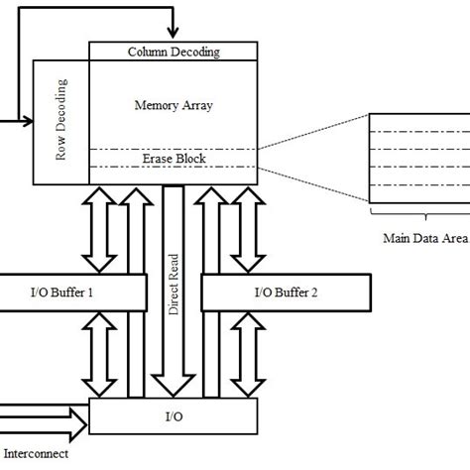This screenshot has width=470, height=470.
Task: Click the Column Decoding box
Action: (x=174, y=51)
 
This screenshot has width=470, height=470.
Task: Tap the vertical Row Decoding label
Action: (x=60, y=122)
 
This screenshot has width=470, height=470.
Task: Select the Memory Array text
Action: (x=174, y=102)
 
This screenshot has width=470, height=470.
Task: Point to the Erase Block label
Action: (x=174, y=158)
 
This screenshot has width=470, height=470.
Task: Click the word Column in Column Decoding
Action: (x=149, y=51)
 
